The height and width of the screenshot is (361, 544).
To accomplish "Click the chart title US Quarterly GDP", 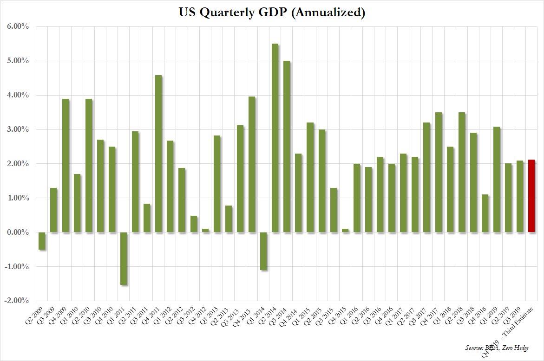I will click(272, 13).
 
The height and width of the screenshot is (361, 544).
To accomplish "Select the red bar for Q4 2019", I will click(531, 196).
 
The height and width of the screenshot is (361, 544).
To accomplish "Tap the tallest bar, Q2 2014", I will click(275, 138).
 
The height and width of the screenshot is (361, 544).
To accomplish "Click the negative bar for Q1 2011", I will click(124, 258).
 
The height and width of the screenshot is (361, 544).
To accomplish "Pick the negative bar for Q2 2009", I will click(42, 241).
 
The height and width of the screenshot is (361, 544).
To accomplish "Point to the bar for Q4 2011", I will click(158, 154).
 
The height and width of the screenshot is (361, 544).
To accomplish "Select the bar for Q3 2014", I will click(287, 147).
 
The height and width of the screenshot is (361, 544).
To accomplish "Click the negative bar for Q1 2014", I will click(263, 251).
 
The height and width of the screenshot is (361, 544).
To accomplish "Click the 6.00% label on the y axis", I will click(18, 27).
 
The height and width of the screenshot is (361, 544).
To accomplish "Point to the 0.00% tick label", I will click(18, 232).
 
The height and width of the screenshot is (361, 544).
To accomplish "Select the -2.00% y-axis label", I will click(17, 301).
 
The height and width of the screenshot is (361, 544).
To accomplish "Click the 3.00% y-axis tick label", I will click(18, 130).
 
